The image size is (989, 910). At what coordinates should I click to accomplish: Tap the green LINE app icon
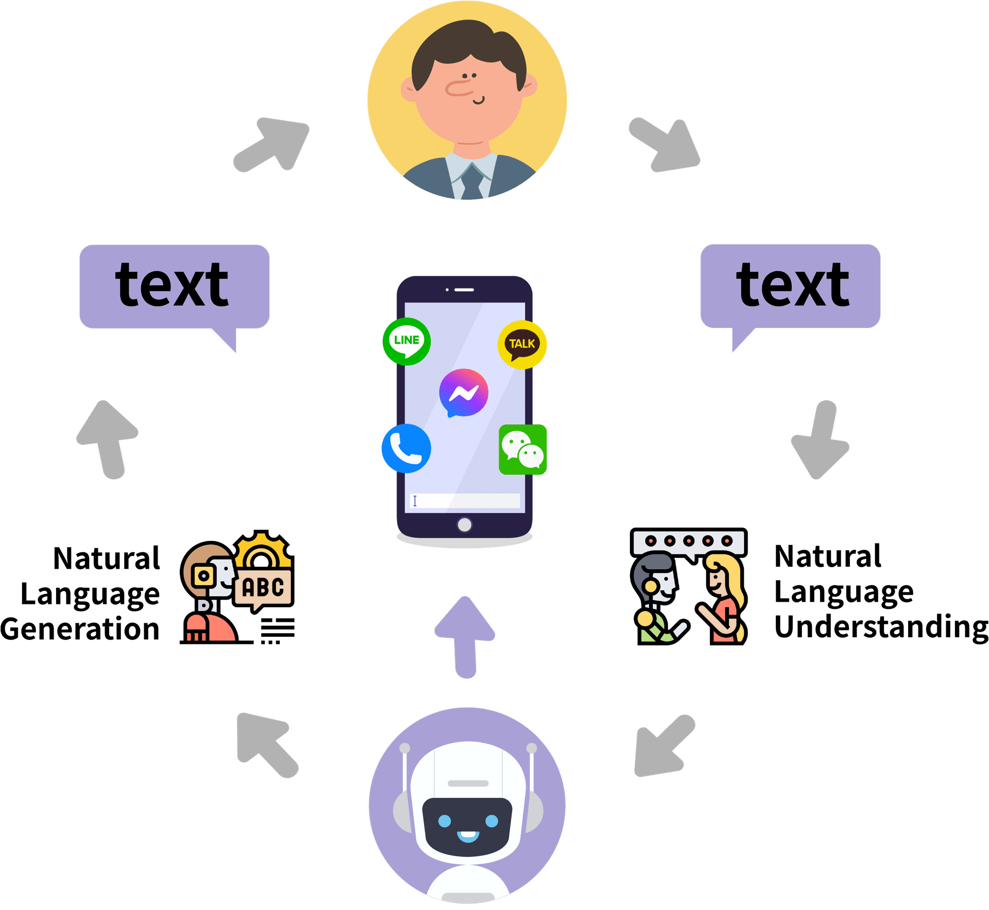tap(406, 341)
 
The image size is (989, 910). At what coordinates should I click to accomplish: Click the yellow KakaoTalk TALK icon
tap(522, 344)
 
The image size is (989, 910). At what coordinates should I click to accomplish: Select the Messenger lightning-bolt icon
tap(464, 393)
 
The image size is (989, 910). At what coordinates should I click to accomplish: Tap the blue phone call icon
tap(406, 448)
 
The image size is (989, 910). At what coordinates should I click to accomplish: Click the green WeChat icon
tap(523, 449)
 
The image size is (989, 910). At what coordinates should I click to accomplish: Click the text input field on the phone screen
tap(465, 501)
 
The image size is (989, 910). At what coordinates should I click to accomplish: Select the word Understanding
tap(881, 627)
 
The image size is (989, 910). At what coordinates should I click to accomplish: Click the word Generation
tap(80, 629)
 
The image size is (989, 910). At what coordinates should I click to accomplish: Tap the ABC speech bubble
tap(263, 588)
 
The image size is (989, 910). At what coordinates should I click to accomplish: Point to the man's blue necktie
tap(472, 182)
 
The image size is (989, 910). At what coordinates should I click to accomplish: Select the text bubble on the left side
tap(174, 286)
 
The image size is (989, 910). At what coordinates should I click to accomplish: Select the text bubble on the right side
tap(790, 286)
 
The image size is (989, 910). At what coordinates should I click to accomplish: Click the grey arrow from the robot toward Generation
tap(267, 744)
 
